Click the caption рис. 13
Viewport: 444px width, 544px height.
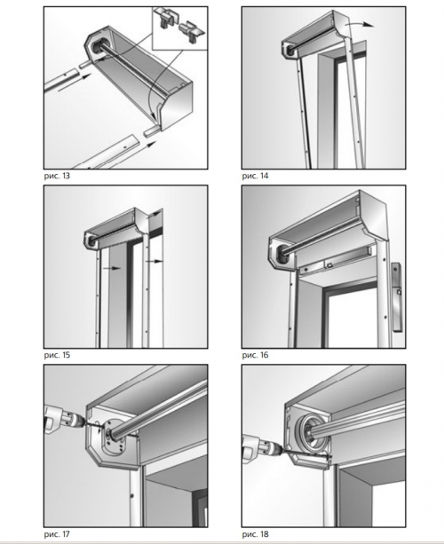coord(57,176)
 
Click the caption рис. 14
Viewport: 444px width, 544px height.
coord(255,176)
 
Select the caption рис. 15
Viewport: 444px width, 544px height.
coord(57,355)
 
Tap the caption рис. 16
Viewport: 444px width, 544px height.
coord(255,355)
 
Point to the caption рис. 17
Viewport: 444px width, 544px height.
coord(57,534)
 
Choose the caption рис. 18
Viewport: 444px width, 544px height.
coord(255,534)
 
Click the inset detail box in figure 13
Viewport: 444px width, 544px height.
coord(180,28)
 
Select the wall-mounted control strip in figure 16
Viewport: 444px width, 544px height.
coord(396,297)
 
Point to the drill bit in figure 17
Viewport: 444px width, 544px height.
coord(92,423)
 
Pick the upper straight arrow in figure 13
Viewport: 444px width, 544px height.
coord(75,83)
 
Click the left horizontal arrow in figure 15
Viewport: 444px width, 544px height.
coord(112,268)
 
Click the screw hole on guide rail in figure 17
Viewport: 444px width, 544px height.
coord(132,495)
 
